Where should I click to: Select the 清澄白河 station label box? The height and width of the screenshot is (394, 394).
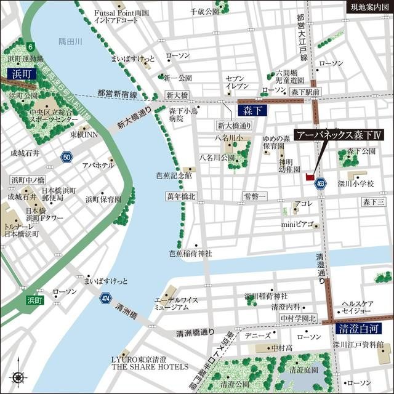357,329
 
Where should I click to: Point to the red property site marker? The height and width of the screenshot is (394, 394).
308,177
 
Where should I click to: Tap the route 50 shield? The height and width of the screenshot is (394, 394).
66,157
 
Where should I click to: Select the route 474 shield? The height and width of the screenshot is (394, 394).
105,299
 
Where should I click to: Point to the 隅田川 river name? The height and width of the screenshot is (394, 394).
70,41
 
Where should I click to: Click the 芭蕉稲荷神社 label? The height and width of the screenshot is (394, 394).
190,253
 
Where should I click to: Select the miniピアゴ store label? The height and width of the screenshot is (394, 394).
298,224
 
